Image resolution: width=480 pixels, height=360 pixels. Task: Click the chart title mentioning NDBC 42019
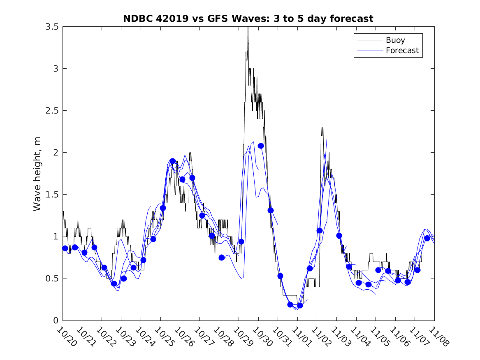pos(248,19)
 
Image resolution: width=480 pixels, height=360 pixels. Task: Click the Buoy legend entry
pos(395,40)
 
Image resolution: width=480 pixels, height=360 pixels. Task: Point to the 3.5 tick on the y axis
pos(52,27)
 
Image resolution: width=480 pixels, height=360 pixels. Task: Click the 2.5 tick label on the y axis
pos(52,111)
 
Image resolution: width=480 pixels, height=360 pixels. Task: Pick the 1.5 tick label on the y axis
pos(52,195)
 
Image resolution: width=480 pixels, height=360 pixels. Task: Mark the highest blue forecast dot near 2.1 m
pos(261,146)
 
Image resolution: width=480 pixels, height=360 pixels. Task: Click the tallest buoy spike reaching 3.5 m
pos(248,28)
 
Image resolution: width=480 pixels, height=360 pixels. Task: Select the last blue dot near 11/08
pos(427,238)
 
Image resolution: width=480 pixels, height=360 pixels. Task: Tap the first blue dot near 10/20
pos(65,248)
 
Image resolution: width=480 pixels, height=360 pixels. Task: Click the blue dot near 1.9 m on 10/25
pos(173,161)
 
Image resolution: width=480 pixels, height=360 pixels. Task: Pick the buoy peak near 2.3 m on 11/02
pos(322,128)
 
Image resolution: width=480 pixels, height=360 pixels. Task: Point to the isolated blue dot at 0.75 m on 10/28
pos(222,258)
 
